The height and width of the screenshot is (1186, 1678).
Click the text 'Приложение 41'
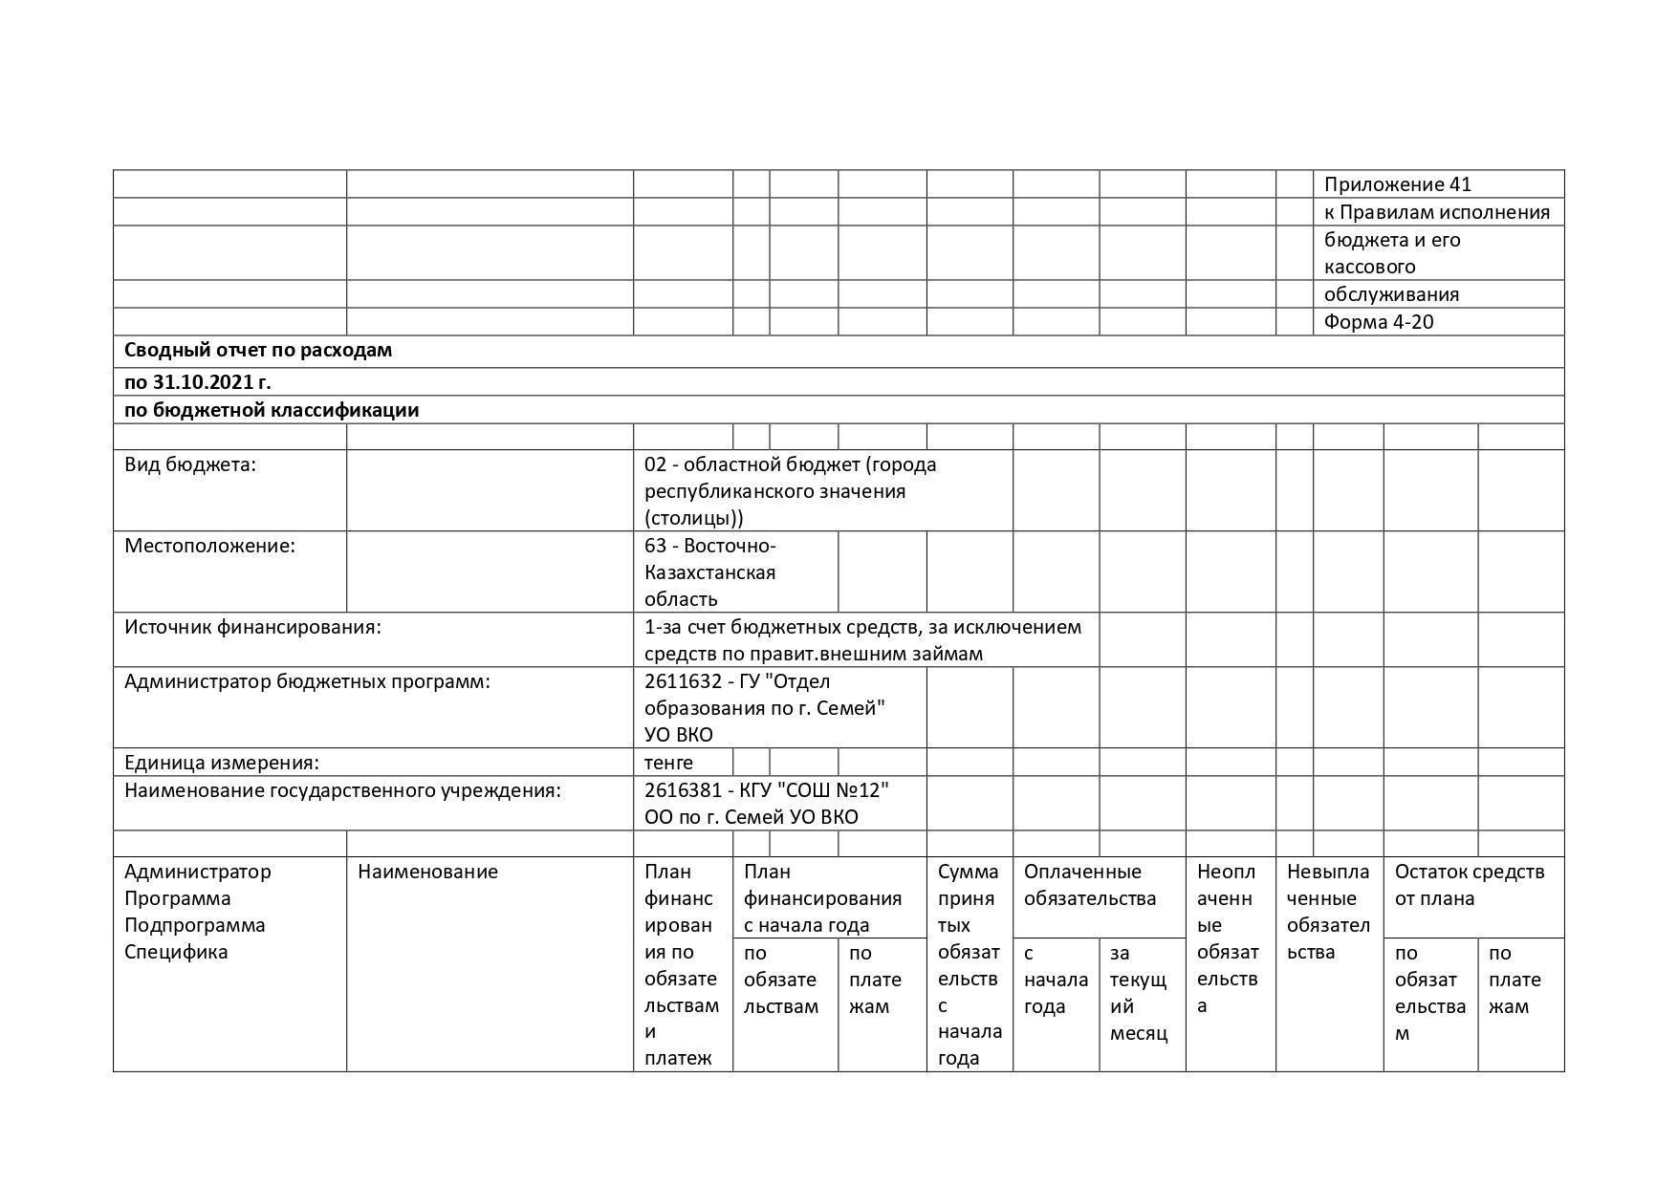[1397, 184]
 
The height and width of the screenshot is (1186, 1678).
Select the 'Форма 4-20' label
[1378, 322]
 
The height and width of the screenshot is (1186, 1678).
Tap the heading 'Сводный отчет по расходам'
[258, 350]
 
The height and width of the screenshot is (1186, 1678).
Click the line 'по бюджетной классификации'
[272, 410]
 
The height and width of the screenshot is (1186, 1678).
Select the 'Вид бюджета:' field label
[190, 464]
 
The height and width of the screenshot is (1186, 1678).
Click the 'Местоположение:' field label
[209, 546]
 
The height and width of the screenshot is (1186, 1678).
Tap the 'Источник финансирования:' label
[252, 627]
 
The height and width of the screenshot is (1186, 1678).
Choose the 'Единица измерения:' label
[222, 763]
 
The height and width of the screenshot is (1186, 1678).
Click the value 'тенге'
[668, 763]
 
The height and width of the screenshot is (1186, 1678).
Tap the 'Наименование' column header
[427, 872]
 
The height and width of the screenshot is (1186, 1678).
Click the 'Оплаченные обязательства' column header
[1090, 885]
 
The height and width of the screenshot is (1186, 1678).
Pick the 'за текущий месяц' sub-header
[1139, 993]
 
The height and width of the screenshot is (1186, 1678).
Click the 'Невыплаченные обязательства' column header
[1328, 912]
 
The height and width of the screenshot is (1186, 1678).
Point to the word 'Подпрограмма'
[195, 925]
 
